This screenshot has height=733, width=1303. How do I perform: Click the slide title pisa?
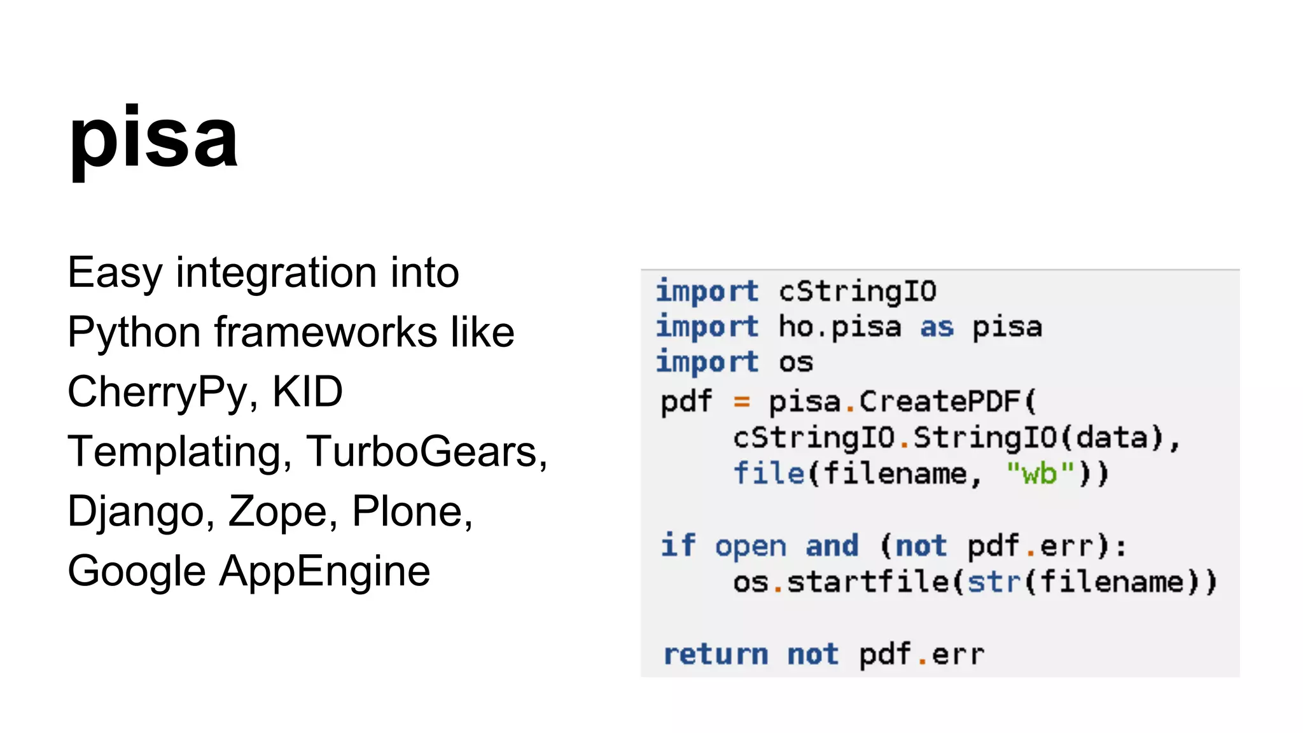pyautogui.click(x=153, y=138)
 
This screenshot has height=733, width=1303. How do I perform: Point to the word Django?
pyautogui.click(x=136, y=512)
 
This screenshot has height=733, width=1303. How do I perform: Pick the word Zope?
pyautogui.click(x=277, y=512)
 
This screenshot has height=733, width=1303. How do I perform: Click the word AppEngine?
pyautogui.click(x=324, y=571)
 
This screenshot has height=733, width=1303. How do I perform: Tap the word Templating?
pyautogui.click(x=175, y=452)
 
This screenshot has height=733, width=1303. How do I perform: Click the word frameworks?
pyautogui.click(x=326, y=332)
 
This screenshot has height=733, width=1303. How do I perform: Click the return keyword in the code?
pyautogui.click(x=715, y=655)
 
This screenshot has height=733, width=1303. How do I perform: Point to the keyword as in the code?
pyautogui.click(x=937, y=328)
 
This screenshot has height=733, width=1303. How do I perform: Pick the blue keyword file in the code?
pyautogui.click(x=769, y=474)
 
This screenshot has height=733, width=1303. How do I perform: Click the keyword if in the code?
pyautogui.click(x=678, y=546)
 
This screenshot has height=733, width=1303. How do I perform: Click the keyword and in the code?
pyautogui.click(x=832, y=546)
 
